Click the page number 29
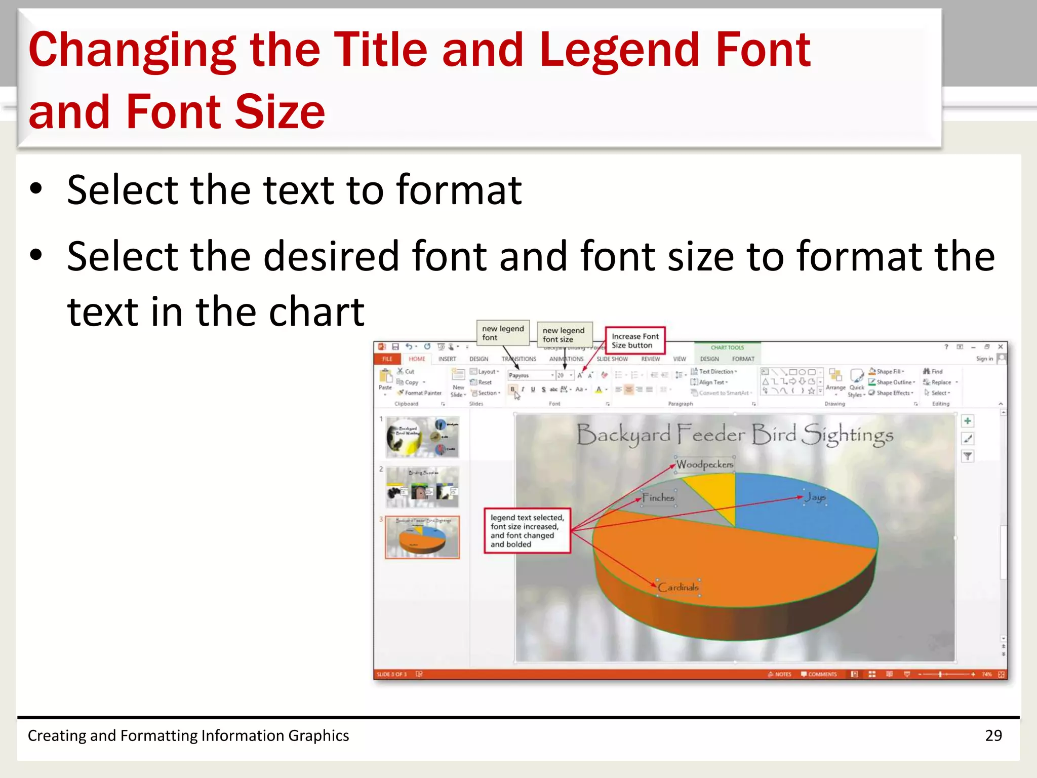point(993,735)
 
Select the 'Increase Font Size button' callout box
point(635,340)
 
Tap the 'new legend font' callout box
point(503,333)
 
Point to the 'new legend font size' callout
point(564,335)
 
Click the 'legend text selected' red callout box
point(527,531)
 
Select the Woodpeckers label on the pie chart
point(704,464)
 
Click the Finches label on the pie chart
point(658,497)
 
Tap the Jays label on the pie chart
point(815,497)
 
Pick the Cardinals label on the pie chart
point(678,587)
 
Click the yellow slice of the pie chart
point(711,491)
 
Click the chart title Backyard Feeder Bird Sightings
point(735,435)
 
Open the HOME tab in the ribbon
point(417,359)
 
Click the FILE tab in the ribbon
point(387,359)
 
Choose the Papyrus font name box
point(529,375)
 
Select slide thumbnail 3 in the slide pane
point(422,537)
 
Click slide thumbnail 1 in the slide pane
point(422,437)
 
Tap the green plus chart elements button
point(967,421)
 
